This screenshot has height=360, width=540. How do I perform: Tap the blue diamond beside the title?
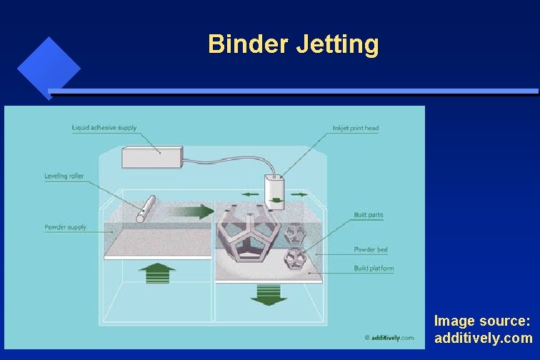pos(48,69)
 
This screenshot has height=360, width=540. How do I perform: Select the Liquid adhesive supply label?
pos(104,129)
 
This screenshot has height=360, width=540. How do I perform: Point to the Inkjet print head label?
pos(356,129)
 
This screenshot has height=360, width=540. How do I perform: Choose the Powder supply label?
pos(66,227)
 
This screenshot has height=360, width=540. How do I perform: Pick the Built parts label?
pos(369,215)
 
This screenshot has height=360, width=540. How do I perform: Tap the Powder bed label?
pos(371,250)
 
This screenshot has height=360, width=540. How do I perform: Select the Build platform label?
pos(374,269)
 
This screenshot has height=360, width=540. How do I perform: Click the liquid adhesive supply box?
pos(152,158)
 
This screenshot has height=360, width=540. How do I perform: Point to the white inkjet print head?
pos(275,191)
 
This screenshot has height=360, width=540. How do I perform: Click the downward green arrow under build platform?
pos(269,294)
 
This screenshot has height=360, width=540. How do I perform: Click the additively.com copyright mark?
pos(389,337)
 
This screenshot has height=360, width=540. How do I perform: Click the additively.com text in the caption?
pos(483,338)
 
